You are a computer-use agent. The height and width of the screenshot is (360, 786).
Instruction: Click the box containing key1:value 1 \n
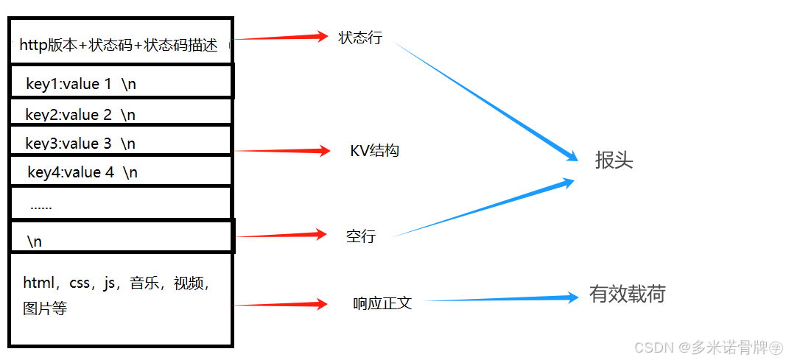(122, 82)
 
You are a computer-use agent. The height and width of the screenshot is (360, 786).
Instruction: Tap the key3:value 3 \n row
(122, 141)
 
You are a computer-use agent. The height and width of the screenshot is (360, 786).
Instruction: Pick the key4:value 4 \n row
(122, 172)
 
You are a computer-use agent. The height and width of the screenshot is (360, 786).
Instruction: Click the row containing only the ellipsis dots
(122, 204)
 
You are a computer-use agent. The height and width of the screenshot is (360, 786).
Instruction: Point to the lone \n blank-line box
(122, 238)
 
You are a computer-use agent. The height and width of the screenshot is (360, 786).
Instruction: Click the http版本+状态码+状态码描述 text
(119, 45)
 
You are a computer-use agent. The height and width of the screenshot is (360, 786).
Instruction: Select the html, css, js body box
(122, 297)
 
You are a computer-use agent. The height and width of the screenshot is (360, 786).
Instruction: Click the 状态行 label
(360, 38)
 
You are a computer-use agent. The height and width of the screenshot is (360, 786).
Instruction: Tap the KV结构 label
(374, 151)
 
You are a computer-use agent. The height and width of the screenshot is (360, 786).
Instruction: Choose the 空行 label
(361, 236)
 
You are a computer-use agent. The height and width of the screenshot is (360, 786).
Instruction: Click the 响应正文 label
(382, 303)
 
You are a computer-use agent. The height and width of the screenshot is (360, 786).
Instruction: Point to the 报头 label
(614, 161)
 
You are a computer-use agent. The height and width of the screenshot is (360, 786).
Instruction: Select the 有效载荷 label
(628, 294)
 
